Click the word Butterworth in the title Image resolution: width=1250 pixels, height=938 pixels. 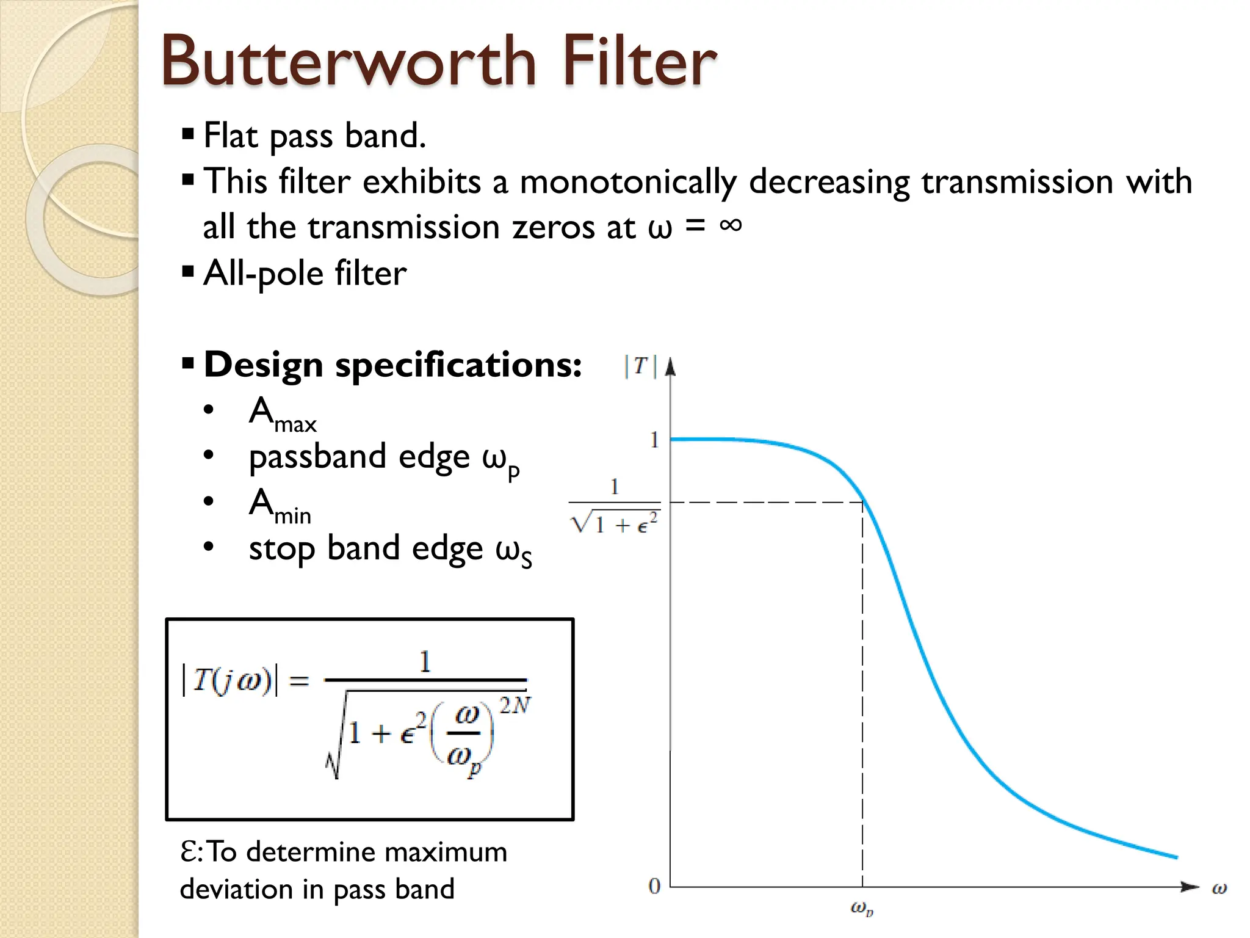coord(349,61)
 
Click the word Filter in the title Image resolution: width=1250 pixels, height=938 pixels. coord(638,61)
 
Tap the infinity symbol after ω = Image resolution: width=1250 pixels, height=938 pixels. coord(731,225)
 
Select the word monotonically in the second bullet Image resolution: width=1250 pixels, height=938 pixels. coord(628,182)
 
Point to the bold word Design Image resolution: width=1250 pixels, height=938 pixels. coord(263,365)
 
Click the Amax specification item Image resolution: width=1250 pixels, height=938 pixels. coord(283,414)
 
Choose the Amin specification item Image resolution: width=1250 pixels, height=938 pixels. coord(280,506)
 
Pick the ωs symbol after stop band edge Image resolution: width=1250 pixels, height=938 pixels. coord(513,552)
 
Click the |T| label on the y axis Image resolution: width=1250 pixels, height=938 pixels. coord(640,366)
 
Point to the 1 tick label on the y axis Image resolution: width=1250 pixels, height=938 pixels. coord(654,440)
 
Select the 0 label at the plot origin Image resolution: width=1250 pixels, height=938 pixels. coord(654,886)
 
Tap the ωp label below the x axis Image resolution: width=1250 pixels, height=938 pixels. coord(862,909)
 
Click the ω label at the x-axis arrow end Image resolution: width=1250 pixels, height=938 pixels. coord(1219,889)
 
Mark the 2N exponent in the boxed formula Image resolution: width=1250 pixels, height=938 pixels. coord(514,706)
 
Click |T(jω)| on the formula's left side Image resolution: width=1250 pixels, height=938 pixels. coord(229,680)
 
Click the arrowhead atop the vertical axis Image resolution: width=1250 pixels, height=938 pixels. coord(670,366)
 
